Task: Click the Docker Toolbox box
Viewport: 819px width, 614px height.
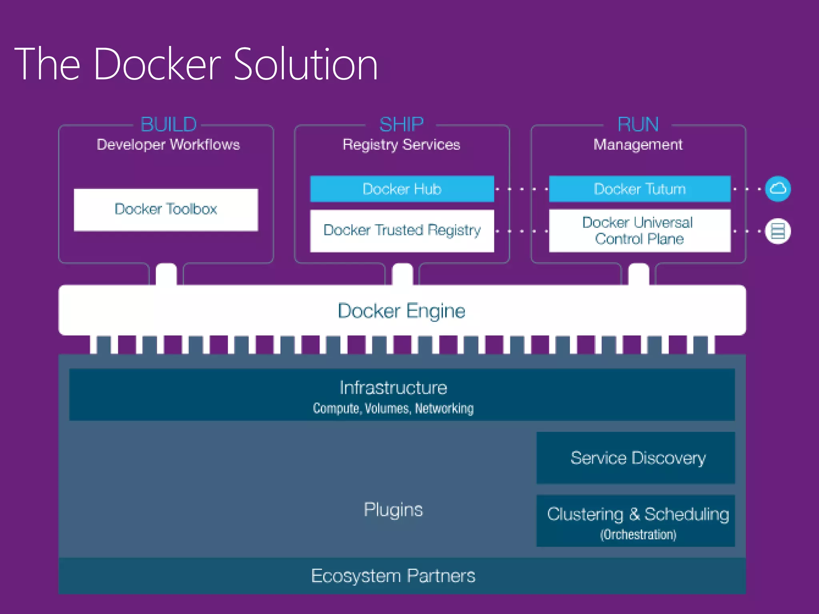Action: point(166,209)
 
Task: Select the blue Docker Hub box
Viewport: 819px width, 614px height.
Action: point(402,189)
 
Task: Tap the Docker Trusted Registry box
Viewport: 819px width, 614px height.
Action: point(402,231)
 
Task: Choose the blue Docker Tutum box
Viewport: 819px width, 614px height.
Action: point(639,189)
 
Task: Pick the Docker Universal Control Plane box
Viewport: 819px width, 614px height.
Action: point(639,231)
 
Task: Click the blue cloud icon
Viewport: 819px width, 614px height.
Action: point(778,189)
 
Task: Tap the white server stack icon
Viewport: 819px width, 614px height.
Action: point(778,231)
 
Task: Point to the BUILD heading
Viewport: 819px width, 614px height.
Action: point(168,124)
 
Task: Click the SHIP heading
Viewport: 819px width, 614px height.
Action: point(402,124)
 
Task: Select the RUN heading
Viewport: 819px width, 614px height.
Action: point(638,124)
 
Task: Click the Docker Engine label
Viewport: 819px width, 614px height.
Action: point(402,311)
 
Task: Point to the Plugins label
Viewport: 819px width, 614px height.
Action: point(393,510)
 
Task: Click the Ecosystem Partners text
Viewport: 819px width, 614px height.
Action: point(393,576)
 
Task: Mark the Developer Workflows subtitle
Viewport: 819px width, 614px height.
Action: point(168,145)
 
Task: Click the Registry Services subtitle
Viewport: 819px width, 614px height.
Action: point(402,145)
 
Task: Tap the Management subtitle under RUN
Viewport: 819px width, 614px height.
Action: point(638,145)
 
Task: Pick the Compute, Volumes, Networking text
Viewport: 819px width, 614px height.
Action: point(393,409)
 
